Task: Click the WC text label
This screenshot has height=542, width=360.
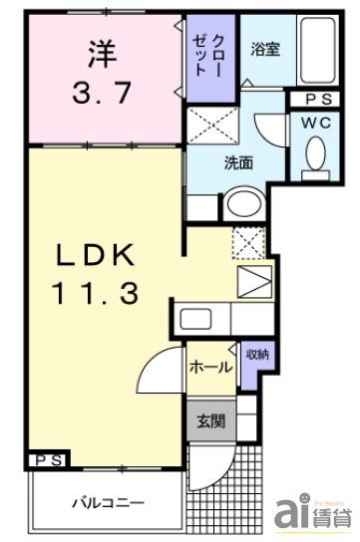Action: click(x=317, y=123)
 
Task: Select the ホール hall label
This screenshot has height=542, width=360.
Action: click(x=209, y=367)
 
